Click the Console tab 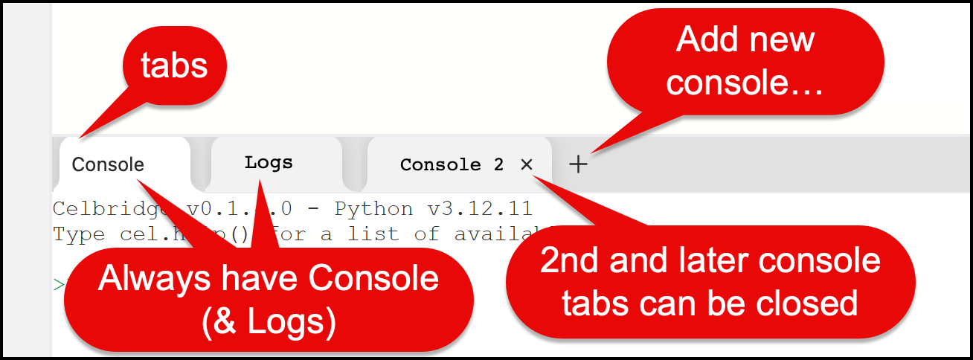pyautogui.click(x=108, y=164)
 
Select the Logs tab pyautogui.click(x=269, y=163)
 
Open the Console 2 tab pyautogui.click(x=451, y=164)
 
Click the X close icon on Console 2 pyautogui.click(x=527, y=164)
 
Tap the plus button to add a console pyautogui.click(x=578, y=164)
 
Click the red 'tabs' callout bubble pyautogui.click(x=175, y=65)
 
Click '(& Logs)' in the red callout pyautogui.click(x=269, y=320)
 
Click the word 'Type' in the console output pyautogui.click(x=79, y=234)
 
